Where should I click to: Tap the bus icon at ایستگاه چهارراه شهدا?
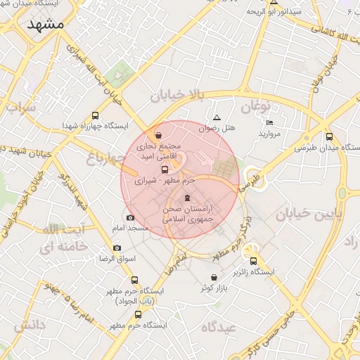tap(95, 116)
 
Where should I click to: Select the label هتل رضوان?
tap(219, 129)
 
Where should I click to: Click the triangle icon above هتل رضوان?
tap(217, 117)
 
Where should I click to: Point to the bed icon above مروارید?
tap(270, 122)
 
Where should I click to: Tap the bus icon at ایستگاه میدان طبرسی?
tap(330, 137)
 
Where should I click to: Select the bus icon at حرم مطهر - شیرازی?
tap(165, 169)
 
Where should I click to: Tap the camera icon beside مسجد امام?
tap(129, 217)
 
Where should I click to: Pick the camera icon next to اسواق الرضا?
tap(117, 247)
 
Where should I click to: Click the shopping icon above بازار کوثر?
tap(214, 277)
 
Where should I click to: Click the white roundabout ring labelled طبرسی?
tap(255, 178)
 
